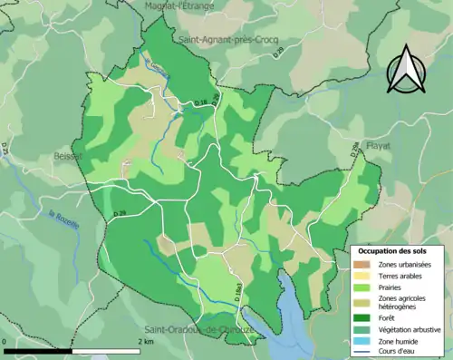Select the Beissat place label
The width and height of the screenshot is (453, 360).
point(67,155)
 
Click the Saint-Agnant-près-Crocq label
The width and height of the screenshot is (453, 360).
point(227,40)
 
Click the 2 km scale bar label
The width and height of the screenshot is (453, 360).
point(146,342)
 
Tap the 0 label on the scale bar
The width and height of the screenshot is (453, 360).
point(5,342)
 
